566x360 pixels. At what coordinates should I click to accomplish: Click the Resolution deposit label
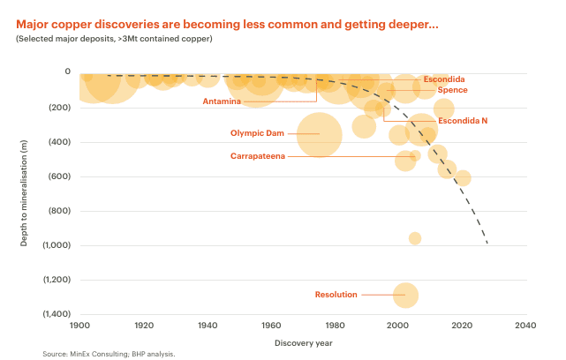pos(335,294)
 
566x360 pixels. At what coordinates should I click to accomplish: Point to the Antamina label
pos(221,101)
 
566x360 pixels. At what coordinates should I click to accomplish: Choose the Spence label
pos(452,90)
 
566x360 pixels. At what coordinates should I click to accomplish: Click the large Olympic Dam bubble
pos(320,135)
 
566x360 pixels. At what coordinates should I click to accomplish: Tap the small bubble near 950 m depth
pos(415,238)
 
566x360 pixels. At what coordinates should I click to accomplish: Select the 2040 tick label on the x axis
pos(525,325)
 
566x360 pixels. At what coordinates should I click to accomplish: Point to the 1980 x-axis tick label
pos(335,325)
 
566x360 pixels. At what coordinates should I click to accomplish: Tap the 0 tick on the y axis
pos(68,71)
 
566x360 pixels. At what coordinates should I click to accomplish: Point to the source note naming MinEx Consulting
pos(109,354)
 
